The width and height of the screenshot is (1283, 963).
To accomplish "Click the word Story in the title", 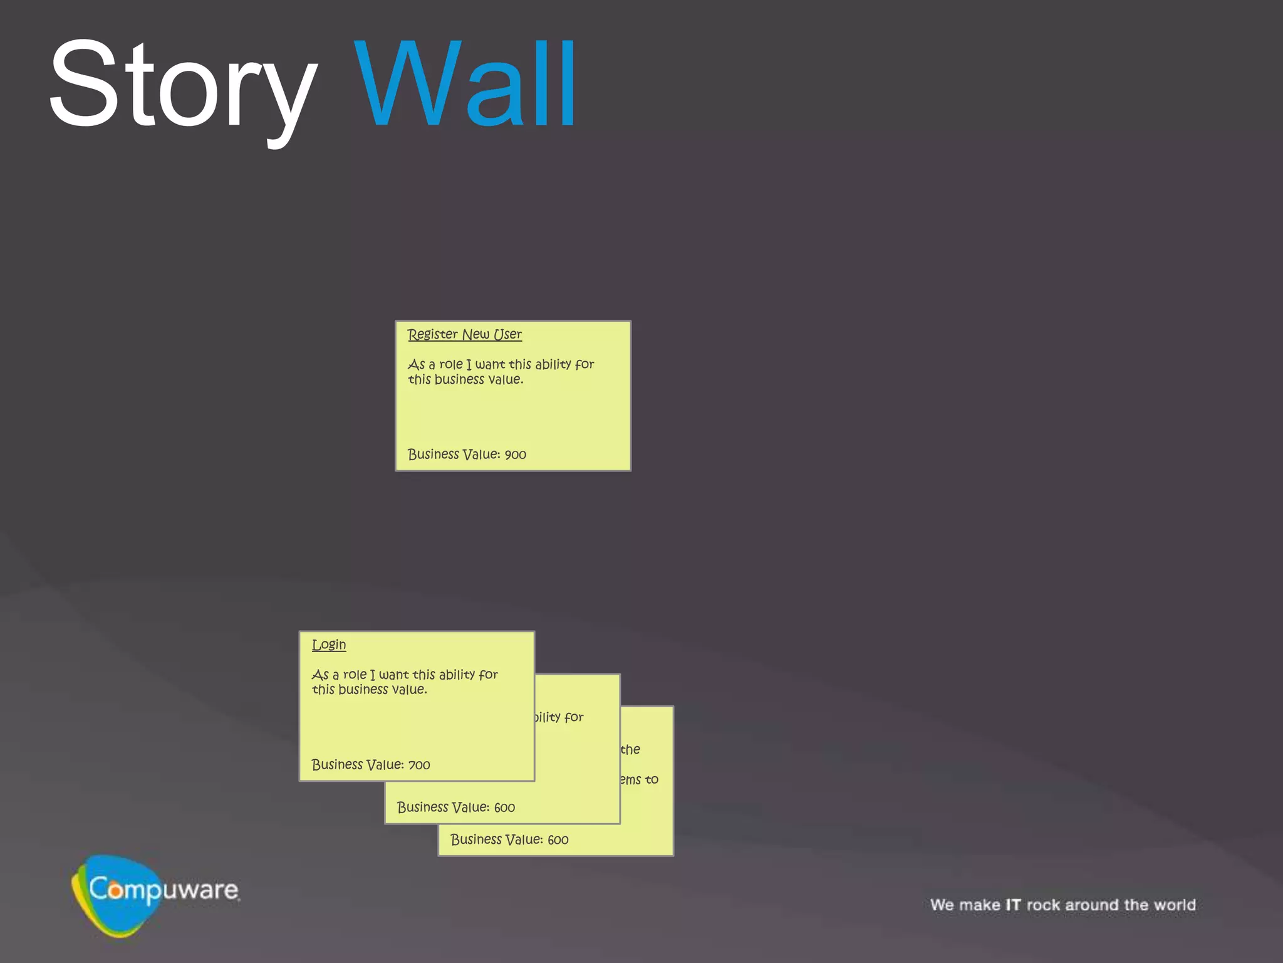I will [182, 85].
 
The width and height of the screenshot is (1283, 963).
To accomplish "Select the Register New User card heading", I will [464, 334].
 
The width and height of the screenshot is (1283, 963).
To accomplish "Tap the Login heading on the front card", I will [329, 645].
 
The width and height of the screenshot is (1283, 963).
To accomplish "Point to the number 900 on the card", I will [516, 455].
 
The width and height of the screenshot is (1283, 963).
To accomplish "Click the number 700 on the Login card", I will [419, 765].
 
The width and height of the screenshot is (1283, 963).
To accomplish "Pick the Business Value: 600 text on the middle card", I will [456, 808].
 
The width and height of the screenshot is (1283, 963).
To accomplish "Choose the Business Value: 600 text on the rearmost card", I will [509, 840].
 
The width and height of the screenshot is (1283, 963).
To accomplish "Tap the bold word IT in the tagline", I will [1013, 905].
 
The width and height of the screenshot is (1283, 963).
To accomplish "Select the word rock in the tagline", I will [1043, 905].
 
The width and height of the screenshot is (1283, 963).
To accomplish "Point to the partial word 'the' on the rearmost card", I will [630, 750].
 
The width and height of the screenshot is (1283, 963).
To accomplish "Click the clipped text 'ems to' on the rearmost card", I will [639, 780].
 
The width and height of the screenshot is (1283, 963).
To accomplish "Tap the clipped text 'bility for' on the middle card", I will [559, 717].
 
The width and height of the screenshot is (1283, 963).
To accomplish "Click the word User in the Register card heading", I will [507, 334].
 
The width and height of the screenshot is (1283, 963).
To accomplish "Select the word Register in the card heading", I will [433, 334].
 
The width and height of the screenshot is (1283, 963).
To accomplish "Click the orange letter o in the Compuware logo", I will [115, 890].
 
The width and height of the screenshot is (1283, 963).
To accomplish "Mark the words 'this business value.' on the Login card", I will [370, 690].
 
